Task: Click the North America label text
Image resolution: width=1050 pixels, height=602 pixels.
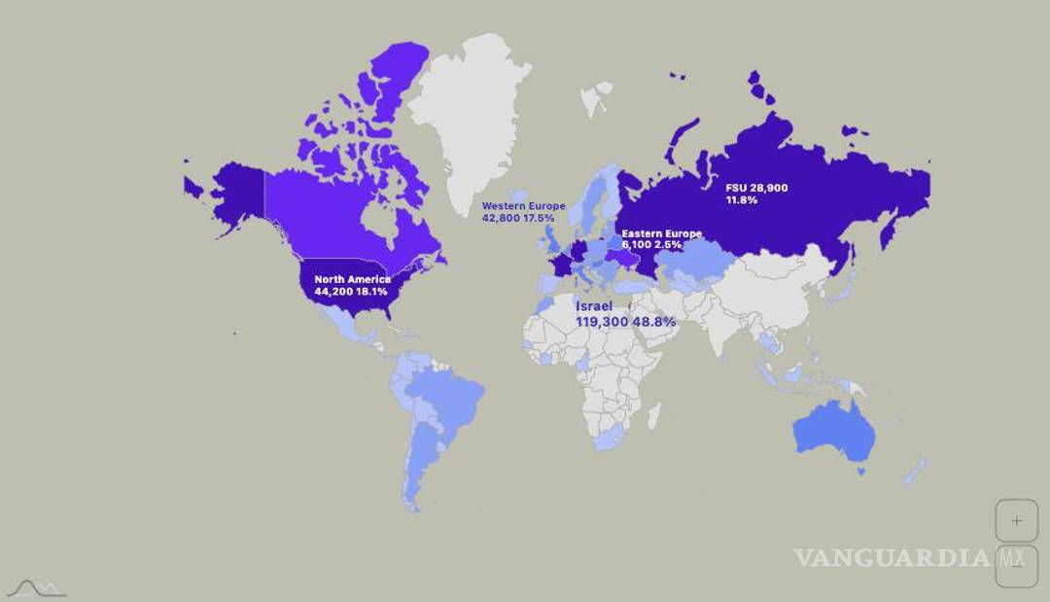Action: click(x=353, y=280)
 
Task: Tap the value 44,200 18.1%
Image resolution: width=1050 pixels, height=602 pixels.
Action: click(x=353, y=291)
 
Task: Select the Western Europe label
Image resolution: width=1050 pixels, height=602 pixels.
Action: click(x=524, y=206)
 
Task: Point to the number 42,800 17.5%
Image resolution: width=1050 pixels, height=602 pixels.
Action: click(x=518, y=218)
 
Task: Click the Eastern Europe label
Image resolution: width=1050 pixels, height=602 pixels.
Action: click(x=662, y=233)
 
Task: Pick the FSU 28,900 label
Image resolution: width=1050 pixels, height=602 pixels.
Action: click(x=756, y=187)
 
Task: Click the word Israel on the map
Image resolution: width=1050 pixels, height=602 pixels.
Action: click(x=594, y=306)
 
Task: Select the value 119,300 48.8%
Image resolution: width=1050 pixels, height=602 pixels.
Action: click(x=625, y=321)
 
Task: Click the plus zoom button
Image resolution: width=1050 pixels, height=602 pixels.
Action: click(x=1017, y=520)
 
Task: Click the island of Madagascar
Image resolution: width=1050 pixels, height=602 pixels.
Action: click(x=654, y=417)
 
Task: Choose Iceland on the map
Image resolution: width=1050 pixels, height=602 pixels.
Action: click(x=519, y=196)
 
